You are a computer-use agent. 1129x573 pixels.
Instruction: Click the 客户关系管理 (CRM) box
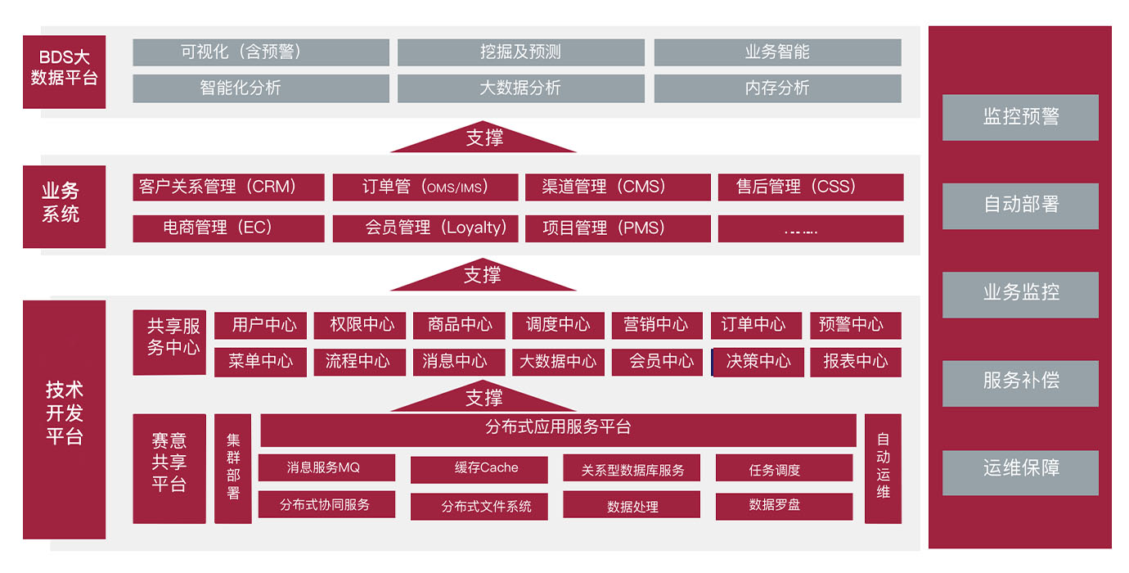228,187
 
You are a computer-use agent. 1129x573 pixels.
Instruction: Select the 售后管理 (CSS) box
811,187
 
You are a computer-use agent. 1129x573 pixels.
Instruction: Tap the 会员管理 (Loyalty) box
425,228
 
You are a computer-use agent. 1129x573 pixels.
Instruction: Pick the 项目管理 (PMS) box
618,228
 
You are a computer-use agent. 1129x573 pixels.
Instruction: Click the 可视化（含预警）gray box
261,52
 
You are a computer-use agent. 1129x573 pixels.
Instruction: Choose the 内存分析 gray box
778,88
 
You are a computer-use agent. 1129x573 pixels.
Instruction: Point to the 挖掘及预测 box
520,52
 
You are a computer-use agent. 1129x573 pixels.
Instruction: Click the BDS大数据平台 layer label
64,72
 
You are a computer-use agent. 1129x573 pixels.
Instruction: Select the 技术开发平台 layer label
64,420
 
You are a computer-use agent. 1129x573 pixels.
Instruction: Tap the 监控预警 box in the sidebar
1021,117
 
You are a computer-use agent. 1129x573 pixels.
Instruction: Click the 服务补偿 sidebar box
1021,383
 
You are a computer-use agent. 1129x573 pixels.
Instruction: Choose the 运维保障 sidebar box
1021,472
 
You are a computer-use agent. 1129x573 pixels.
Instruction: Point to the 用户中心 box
260,325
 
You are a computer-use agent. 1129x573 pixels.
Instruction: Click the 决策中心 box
758,362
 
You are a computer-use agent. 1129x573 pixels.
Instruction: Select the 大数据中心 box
558,362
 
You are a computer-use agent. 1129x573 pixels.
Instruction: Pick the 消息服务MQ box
326,467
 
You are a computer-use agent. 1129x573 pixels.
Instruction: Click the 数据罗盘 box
785,506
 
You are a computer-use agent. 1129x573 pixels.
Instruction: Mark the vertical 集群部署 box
233,468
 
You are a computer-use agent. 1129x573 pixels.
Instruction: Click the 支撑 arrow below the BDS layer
483,137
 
